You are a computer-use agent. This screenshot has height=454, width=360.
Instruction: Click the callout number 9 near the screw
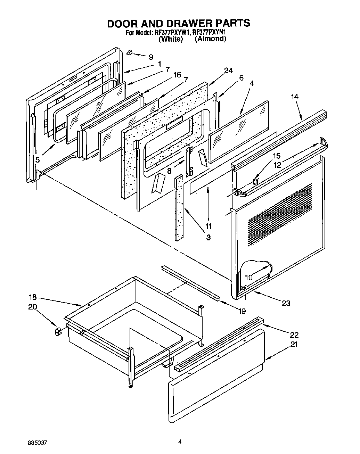click(x=150, y=57)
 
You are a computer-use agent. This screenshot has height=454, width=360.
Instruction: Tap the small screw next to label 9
click(x=129, y=53)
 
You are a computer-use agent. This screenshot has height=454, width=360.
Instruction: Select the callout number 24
click(x=228, y=71)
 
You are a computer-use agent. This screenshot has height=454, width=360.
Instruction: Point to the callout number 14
click(x=295, y=97)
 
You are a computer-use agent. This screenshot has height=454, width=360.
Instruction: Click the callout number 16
click(x=177, y=75)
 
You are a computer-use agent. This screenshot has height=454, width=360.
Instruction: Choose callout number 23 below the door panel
click(x=286, y=303)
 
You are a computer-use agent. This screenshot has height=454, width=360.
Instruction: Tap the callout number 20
click(x=32, y=307)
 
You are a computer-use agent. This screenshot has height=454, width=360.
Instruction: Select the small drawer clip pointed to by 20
click(x=58, y=332)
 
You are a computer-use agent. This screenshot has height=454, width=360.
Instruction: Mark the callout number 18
click(x=32, y=298)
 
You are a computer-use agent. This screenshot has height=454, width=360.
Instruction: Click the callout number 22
click(x=294, y=335)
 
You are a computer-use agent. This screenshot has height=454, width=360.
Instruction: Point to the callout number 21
click(x=294, y=345)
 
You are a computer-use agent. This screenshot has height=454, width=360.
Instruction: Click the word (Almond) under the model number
click(x=210, y=39)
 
